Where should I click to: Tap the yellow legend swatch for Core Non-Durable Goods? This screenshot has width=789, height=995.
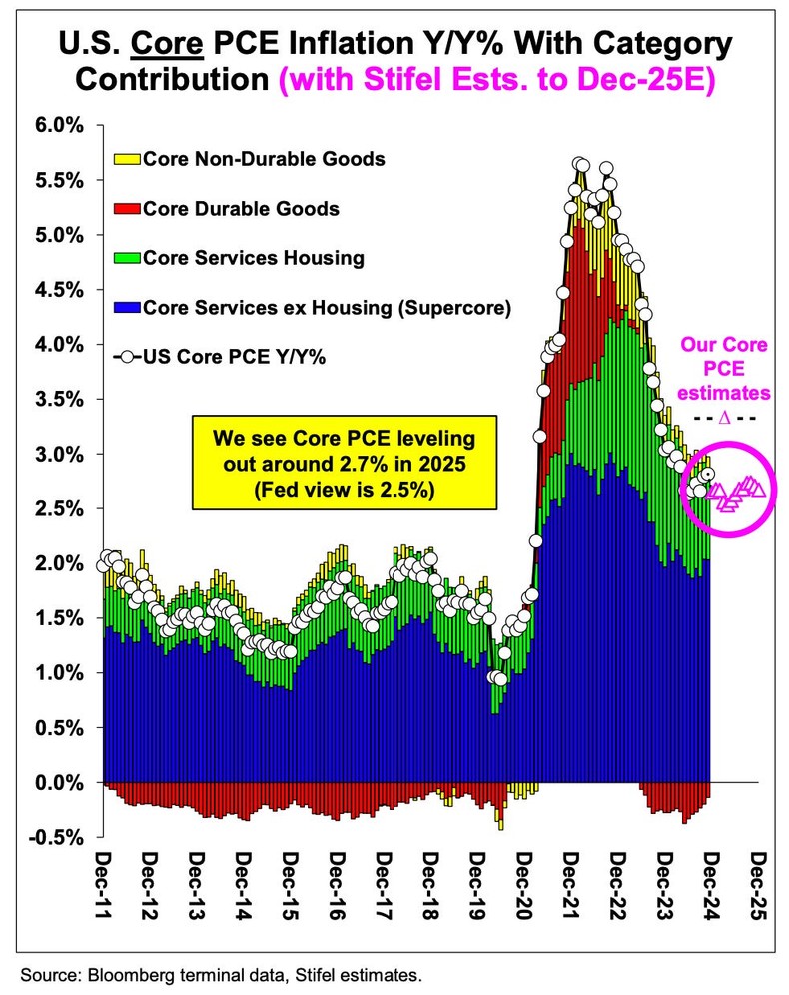pos(128,158)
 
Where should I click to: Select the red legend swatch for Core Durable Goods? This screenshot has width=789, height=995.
pos(128,208)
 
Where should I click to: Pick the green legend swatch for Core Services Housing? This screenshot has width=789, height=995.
pos(128,258)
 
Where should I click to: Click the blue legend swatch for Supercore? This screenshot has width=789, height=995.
pos(128,307)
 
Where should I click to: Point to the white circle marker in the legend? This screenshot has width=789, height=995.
pos(128,357)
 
